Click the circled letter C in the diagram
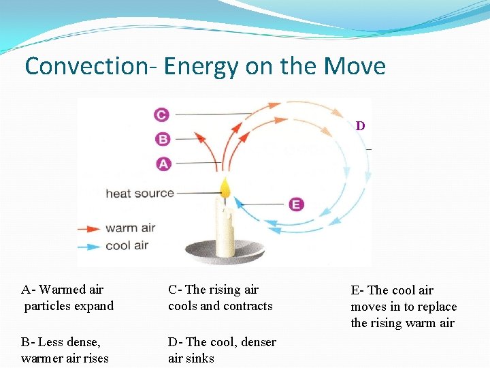[161, 114]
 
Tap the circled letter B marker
[163, 139]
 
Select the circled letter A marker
[163, 164]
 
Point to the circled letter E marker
[296, 204]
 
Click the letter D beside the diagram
[360, 126]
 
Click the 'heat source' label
[140, 194]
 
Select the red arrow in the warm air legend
[88, 229]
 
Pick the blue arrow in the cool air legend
[88, 245]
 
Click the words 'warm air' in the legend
[131, 228]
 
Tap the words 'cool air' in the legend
[127, 245]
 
